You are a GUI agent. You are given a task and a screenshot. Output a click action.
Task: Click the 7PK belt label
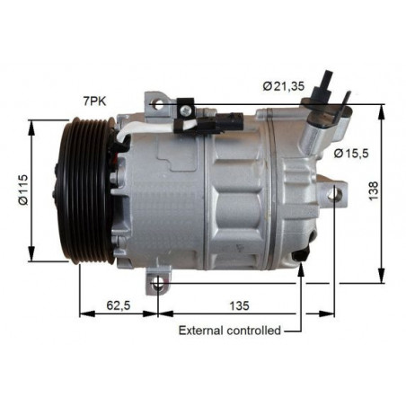94,101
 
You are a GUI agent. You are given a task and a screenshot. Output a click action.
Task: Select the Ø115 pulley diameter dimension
23,190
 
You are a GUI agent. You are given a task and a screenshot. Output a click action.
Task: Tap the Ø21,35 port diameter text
284,86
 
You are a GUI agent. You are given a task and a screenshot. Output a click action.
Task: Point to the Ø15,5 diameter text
351,154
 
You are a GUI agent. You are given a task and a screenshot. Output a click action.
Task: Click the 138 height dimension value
374,190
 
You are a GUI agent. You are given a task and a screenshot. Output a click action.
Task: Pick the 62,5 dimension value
119,305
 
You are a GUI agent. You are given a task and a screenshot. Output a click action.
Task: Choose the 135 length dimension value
239,305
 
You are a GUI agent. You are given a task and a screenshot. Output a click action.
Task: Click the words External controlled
230,331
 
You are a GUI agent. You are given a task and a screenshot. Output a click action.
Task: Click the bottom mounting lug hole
158,283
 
